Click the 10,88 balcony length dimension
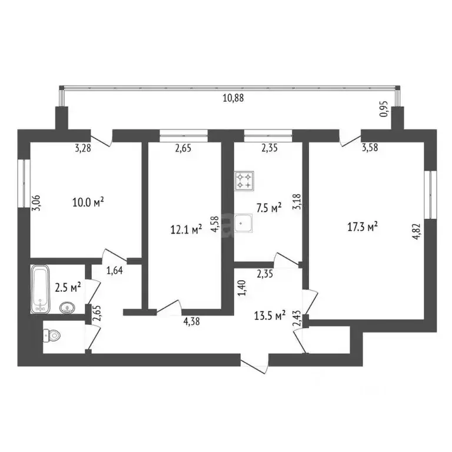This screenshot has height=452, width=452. [233, 98]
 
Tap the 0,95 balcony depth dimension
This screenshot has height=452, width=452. [384, 109]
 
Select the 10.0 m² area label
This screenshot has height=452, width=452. [88, 202]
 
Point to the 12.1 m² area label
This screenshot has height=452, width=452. [186, 230]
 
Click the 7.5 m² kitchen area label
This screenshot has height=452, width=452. [269, 208]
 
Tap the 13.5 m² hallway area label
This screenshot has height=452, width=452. [270, 315]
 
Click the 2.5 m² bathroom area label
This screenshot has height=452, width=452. [68, 288]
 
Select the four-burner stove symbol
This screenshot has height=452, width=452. [244, 181]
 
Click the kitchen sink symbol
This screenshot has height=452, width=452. [243, 223]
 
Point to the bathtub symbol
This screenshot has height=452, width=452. [40, 289]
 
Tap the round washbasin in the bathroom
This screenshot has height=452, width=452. [68, 308]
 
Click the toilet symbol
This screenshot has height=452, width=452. [52, 335]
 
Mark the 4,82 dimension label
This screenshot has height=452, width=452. [417, 232]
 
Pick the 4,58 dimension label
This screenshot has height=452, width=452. [215, 225]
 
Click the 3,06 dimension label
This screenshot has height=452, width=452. [37, 203]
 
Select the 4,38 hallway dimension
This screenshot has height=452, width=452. [191, 321]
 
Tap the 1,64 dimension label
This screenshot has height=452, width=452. [115, 270]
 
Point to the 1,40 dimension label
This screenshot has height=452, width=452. [242, 288]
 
